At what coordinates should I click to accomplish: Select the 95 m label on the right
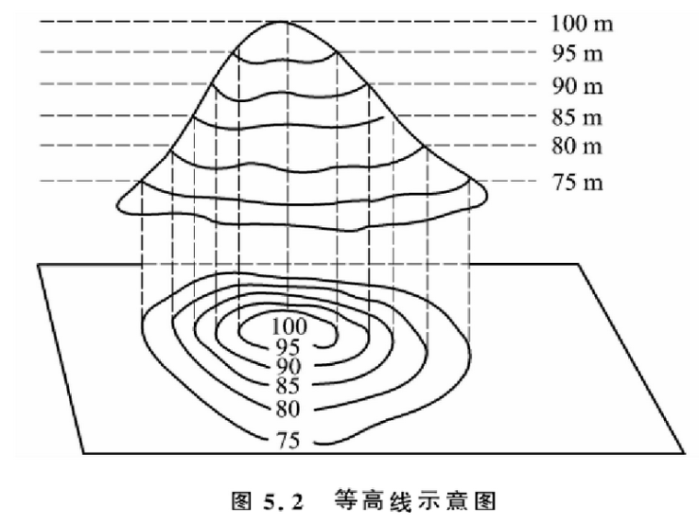578,53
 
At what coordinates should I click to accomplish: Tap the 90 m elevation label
578,86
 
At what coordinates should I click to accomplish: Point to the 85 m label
578,117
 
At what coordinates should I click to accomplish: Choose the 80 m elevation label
578,146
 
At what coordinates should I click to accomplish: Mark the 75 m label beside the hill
578,182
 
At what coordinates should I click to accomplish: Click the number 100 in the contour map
291,325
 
